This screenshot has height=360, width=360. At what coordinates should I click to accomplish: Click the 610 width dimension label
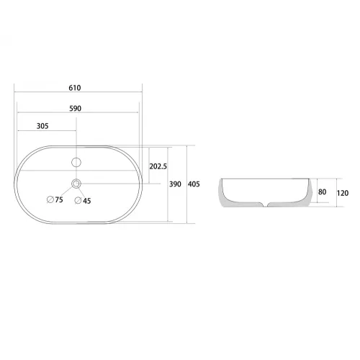pos(75,88)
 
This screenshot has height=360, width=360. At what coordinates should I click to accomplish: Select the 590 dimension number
pos(76,109)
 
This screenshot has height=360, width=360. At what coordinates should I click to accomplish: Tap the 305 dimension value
pos(42,126)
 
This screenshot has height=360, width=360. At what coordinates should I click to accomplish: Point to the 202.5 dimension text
pos(158,166)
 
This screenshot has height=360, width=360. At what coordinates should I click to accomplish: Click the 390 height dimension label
pos(175,184)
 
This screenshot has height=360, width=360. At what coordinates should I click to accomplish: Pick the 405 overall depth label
pos(194,184)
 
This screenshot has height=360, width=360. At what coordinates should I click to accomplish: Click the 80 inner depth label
pos(322,192)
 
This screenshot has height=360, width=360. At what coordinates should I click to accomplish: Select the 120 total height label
pos(343,193)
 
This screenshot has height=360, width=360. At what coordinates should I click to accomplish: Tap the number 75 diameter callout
pos(59,199)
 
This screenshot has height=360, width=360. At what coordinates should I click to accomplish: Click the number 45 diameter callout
pos(87,201)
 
